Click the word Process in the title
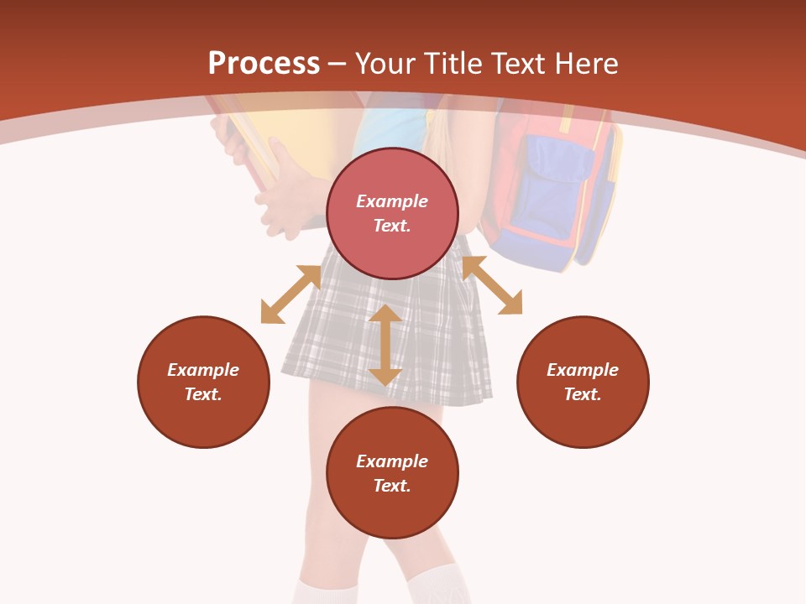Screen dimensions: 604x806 point(264,64)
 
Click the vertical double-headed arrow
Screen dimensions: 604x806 point(385,345)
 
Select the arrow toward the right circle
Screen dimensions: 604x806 point(492,285)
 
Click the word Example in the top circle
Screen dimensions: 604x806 point(392,201)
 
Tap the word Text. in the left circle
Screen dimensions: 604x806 point(203,394)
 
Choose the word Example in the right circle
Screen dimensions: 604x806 point(583,370)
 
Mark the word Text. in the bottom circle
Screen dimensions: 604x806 point(392,486)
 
